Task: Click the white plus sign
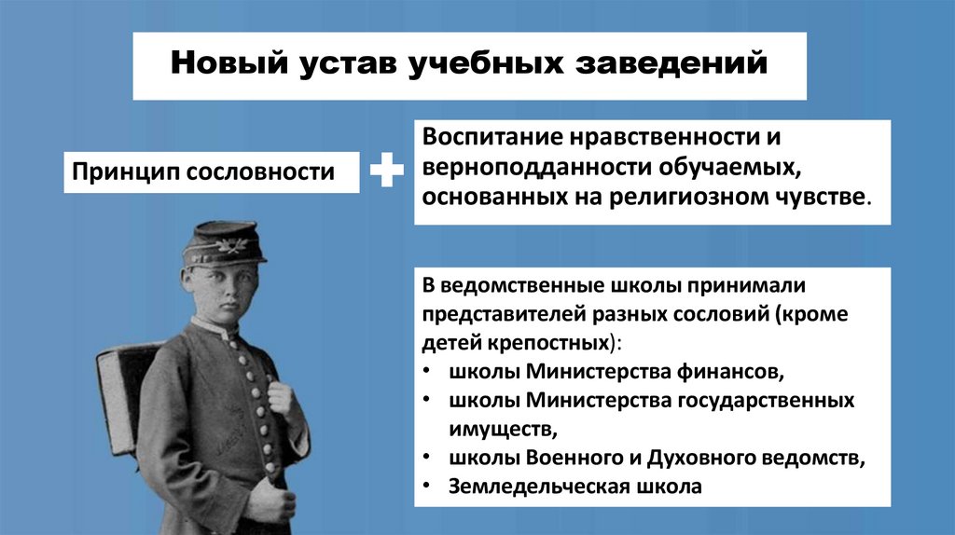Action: (387, 172)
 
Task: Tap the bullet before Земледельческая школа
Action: (425, 486)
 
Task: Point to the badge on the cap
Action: (228, 246)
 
